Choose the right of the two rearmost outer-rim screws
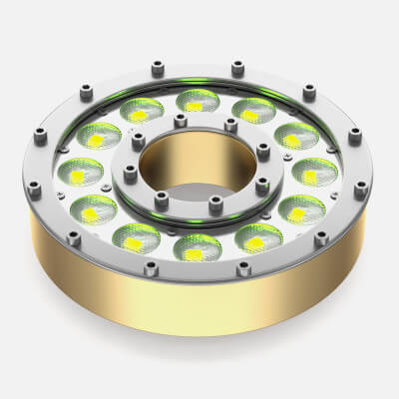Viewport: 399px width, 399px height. [x=237, y=69]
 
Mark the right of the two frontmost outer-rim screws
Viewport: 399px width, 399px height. [x=242, y=267]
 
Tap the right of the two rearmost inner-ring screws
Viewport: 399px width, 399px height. [x=230, y=126]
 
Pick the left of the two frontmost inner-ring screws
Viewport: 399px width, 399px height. [x=163, y=209]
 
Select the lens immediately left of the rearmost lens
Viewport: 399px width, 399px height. [x=141, y=111]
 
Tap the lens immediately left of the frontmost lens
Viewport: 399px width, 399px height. [x=133, y=237]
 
